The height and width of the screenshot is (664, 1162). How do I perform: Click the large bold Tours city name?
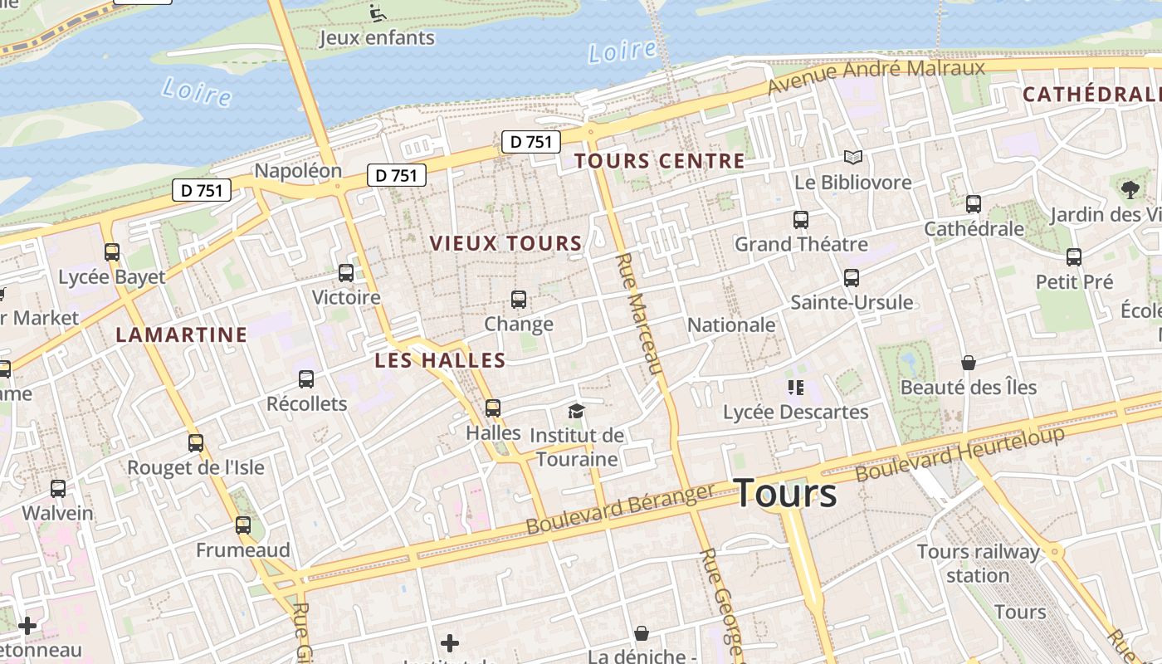[785, 493]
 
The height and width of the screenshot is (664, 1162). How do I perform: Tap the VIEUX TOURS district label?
[505, 243]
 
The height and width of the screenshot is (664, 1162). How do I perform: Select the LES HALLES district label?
[440, 360]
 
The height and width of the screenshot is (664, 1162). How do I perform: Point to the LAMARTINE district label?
[182, 334]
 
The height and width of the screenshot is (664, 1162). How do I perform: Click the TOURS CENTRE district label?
[660, 161]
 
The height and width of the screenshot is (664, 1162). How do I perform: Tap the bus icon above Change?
[519, 300]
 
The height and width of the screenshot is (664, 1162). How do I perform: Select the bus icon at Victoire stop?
[346, 273]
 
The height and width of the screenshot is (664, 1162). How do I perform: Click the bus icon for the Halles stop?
[493, 408]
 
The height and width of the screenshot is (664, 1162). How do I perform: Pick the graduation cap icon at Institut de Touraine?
[576, 411]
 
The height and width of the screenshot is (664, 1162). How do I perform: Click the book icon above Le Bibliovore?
[853, 157]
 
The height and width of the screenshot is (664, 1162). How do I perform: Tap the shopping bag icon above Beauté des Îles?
[969, 363]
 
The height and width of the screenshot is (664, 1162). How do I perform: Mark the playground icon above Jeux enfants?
[378, 12]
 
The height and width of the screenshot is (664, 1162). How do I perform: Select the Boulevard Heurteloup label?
[959, 454]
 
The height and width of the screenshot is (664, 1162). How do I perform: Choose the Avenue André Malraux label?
[876, 76]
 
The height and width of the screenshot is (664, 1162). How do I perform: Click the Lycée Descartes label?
[795, 412]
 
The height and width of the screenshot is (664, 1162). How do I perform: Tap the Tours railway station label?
[978, 563]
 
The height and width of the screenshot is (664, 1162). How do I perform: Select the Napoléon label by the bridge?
[298, 170]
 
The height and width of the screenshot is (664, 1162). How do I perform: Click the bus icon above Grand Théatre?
[801, 220]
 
